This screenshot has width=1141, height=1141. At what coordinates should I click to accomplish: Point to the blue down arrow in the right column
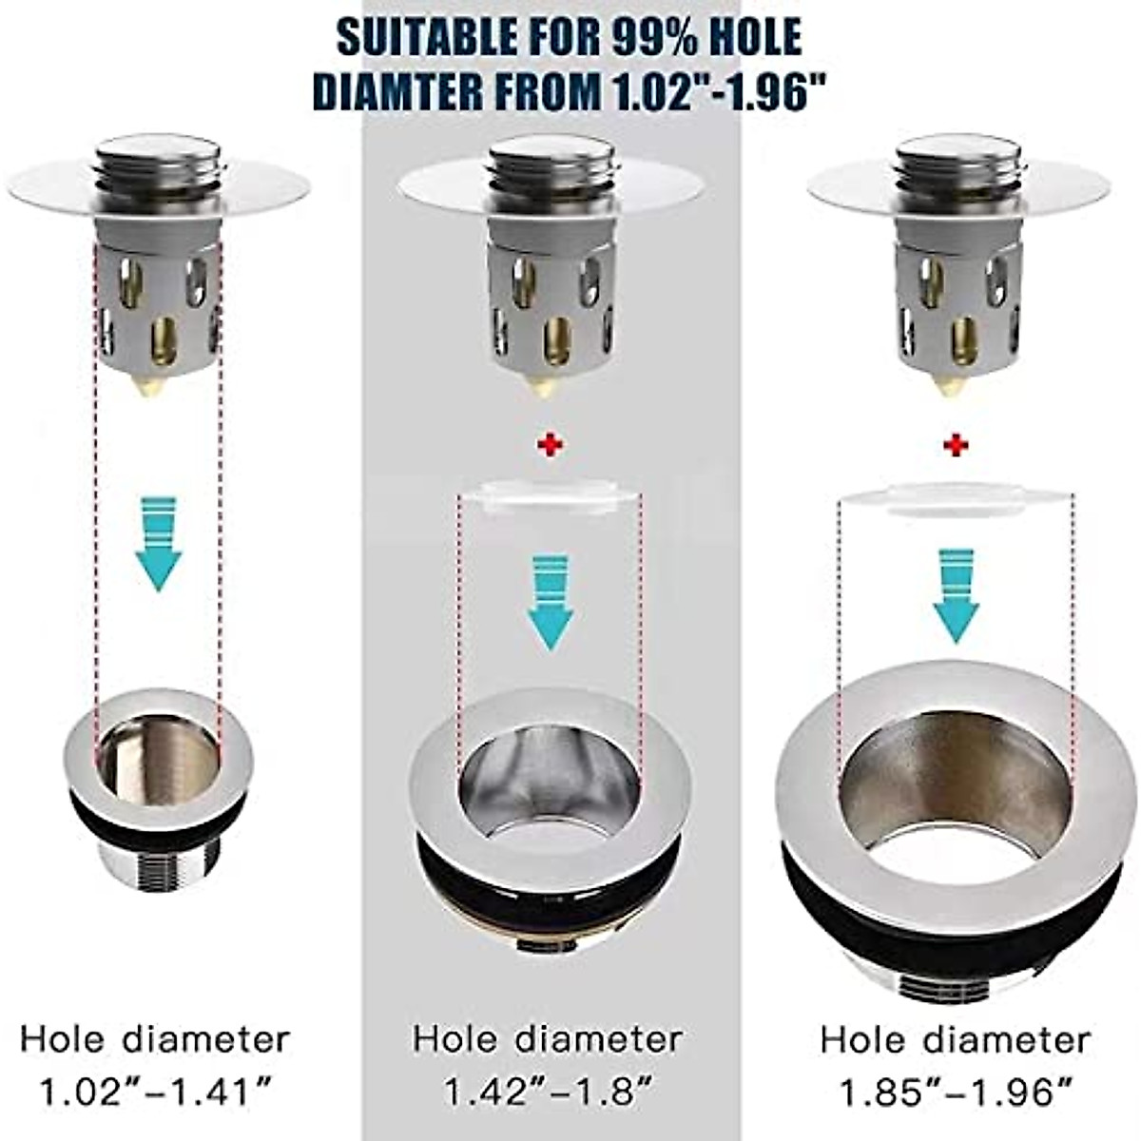tap(956, 593)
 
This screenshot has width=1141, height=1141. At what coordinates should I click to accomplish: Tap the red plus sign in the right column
tap(956, 446)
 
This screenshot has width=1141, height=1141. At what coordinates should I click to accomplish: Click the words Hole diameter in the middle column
tap(547, 1038)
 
